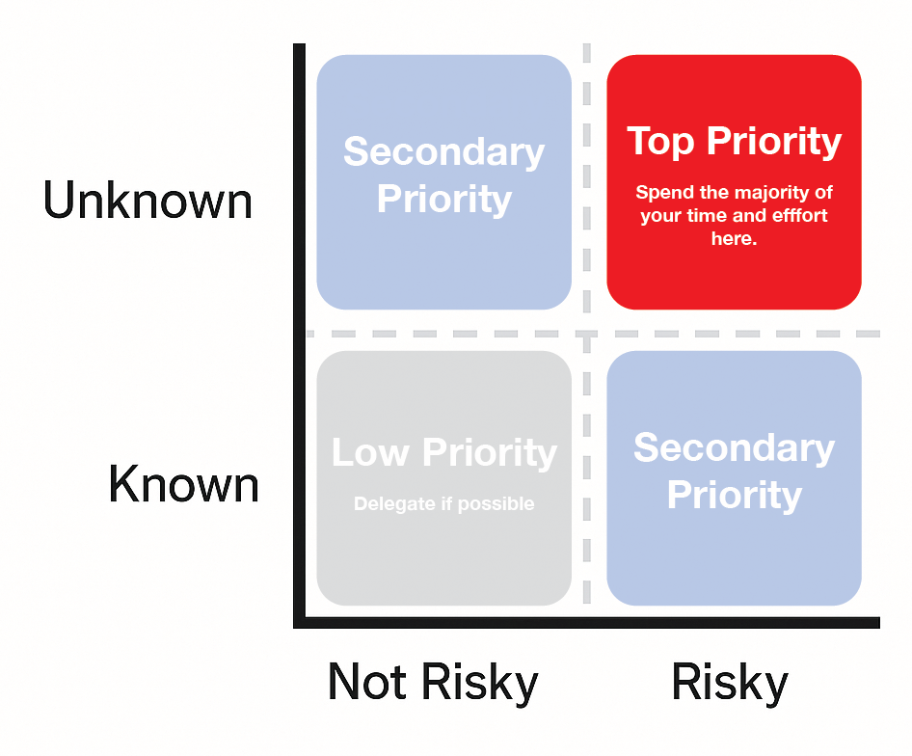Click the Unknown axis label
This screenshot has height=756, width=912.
coord(148,201)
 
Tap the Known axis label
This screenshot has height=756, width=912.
coord(183,483)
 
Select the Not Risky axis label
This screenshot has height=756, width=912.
coord(432,682)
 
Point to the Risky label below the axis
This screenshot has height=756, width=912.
coord(729,682)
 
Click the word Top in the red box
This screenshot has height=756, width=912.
coord(661,141)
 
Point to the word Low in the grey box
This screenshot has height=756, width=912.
coord(371,452)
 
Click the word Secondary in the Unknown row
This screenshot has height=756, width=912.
coord(443,152)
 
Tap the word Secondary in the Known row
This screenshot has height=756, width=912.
coord(734,447)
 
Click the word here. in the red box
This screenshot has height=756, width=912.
coord(734,237)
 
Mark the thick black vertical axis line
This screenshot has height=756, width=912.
coord(299,328)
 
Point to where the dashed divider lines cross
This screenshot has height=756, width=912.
coord(586,334)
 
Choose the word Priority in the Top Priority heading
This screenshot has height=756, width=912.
coord(773,141)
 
